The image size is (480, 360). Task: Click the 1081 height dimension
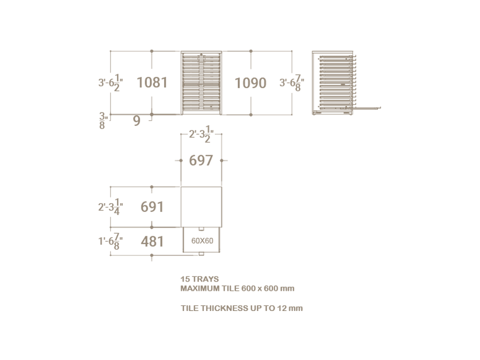click(152, 83)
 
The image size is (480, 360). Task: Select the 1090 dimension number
click(250, 83)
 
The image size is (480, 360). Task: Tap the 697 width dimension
click(201, 160)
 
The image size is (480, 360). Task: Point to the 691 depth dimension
click(152, 207)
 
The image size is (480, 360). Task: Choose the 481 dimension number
click(152, 241)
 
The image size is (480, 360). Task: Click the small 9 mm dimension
click(137, 121)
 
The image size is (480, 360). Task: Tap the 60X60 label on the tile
click(202, 241)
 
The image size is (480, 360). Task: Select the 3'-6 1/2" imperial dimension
click(110, 83)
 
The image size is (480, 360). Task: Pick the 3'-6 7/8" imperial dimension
click(292, 83)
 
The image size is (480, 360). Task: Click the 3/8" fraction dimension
click(103, 121)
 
